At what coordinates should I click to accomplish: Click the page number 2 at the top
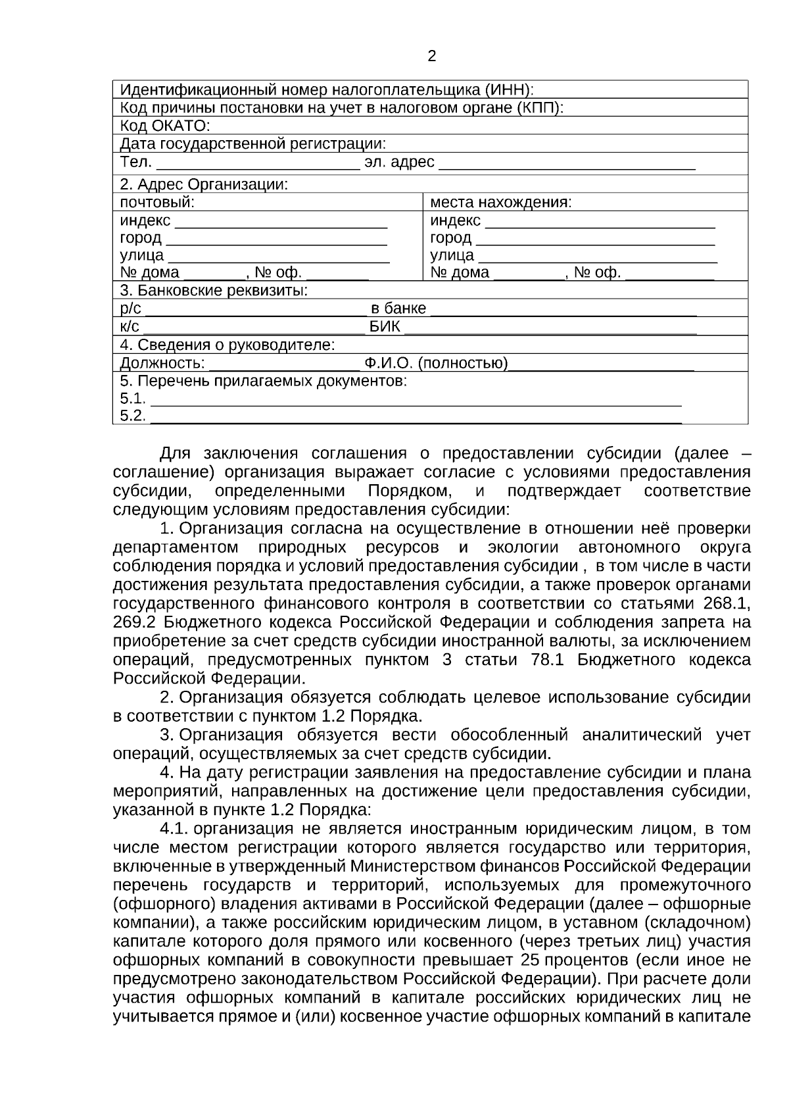431,57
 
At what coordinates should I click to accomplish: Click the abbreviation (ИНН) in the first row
510,89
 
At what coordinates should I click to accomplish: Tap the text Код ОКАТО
164,126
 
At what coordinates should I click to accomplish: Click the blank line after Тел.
258,164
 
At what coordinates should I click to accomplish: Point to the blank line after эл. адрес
567,164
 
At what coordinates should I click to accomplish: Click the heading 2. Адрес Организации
204,185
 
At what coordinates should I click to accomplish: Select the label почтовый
157,203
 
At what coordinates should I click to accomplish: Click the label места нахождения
500,203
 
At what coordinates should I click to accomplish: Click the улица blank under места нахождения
597,258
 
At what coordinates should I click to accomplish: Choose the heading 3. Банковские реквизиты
214,290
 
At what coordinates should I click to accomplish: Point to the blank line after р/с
256,311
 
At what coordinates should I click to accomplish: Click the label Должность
162,363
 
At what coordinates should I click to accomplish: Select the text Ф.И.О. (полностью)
437,363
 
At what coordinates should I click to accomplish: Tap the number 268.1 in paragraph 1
727,603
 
